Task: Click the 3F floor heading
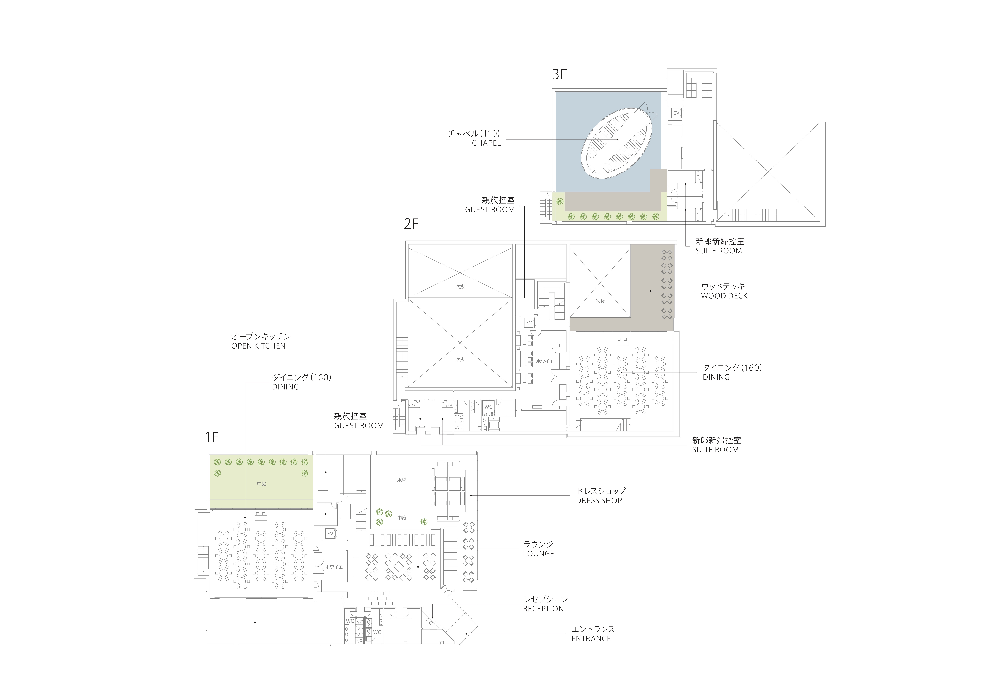pyautogui.click(x=559, y=74)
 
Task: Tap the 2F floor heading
pyautogui.click(x=411, y=224)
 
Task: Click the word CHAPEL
pyautogui.click(x=486, y=143)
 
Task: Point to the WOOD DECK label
pyautogui.click(x=724, y=296)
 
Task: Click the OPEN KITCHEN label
pyautogui.click(x=258, y=346)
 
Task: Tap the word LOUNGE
pyautogui.click(x=538, y=554)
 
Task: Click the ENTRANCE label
pyautogui.click(x=591, y=639)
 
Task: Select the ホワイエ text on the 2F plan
pyautogui.click(x=545, y=362)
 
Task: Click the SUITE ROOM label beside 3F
pyautogui.click(x=719, y=251)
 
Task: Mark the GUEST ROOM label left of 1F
pyautogui.click(x=358, y=426)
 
